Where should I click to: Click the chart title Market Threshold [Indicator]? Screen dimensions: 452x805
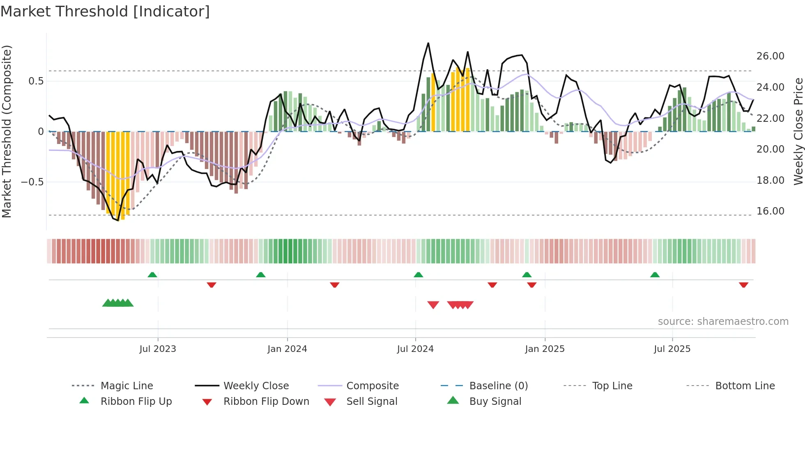[x=105, y=11]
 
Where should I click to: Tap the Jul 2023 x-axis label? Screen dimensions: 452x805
[x=158, y=349]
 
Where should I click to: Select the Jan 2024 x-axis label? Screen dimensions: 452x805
[x=287, y=349]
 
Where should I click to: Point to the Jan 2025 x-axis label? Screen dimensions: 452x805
[x=545, y=349]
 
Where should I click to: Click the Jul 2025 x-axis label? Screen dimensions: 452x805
[x=672, y=349]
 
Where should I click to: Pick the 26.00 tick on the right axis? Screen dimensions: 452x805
[x=770, y=56]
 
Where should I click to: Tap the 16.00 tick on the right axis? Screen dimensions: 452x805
[x=770, y=211]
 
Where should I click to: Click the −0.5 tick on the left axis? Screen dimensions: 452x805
[x=32, y=182]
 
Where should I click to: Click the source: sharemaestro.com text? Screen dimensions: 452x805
[x=723, y=322]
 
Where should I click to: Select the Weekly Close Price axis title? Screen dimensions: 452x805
[x=798, y=131]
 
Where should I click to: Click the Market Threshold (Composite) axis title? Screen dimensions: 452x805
[x=7, y=131]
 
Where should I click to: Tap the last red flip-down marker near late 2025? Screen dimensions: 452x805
[x=743, y=285]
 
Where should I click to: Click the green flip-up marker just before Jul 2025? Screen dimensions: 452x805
[x=655, y=275]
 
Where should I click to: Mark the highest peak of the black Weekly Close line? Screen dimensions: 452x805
[x=428, y=43]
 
